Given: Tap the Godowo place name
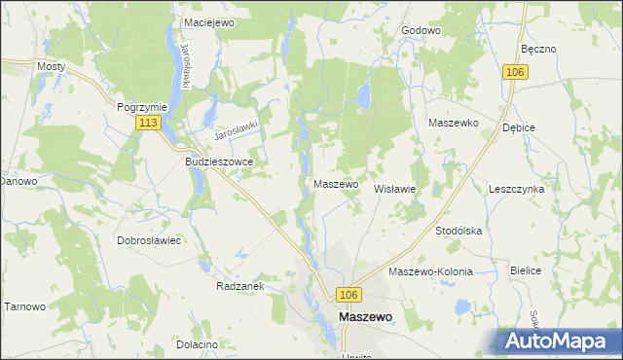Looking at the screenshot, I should (x=421, y=30).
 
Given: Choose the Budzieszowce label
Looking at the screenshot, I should (x=219, y=162).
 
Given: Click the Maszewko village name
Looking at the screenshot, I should (x=453, y=124).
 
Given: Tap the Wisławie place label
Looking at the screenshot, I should (x=395, y=190).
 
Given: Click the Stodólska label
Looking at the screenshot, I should (x=459, y=231).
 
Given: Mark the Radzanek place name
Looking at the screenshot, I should (x=240, y=287).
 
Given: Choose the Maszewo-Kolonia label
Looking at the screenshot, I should (x=430, y=272).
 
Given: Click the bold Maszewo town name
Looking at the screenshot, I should (x=365, y=317).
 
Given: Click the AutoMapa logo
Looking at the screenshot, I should (x=560, y=340).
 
